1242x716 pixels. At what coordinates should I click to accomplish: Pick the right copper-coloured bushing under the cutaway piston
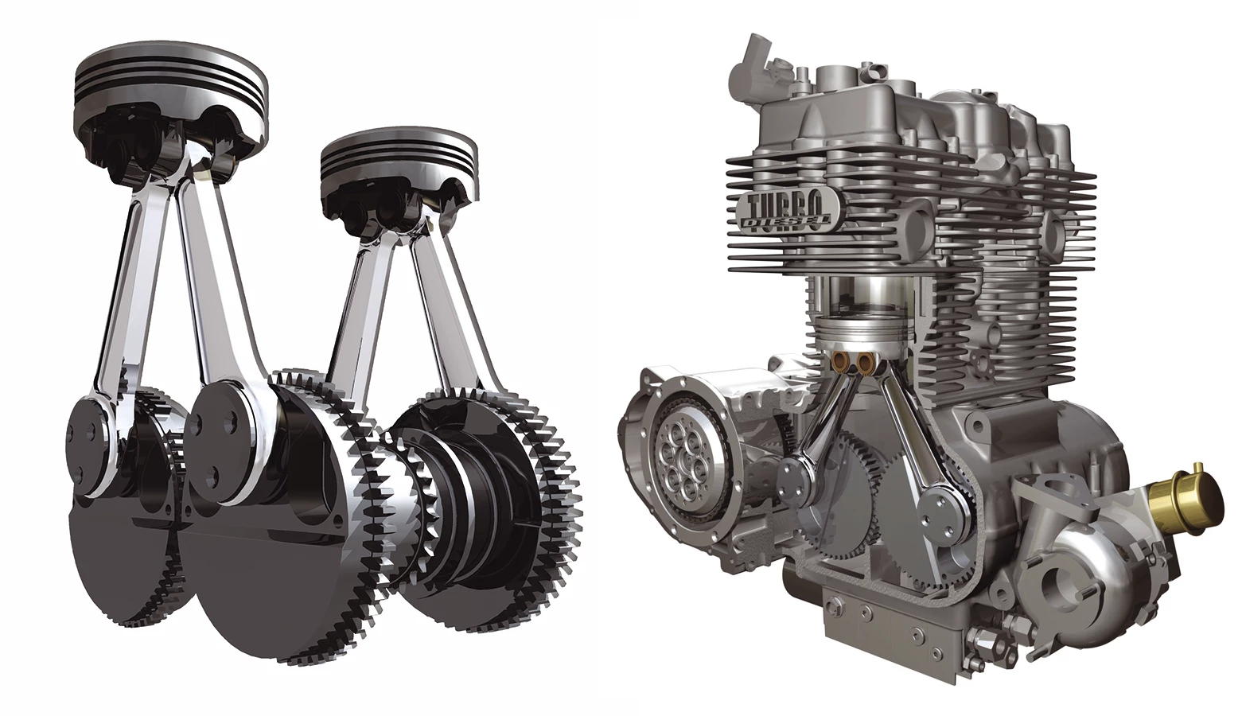point(863,362)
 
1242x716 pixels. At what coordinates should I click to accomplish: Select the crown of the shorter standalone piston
point(399,155)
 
